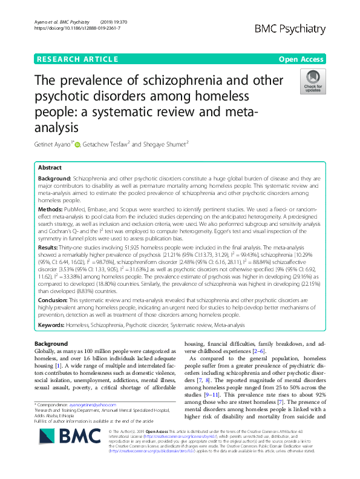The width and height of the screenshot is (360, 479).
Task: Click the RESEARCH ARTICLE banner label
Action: [x=77, y=59]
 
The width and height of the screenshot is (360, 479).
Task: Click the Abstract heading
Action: [x=50, y=167]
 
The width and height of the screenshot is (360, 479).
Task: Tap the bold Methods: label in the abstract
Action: [x=53, y=207]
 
